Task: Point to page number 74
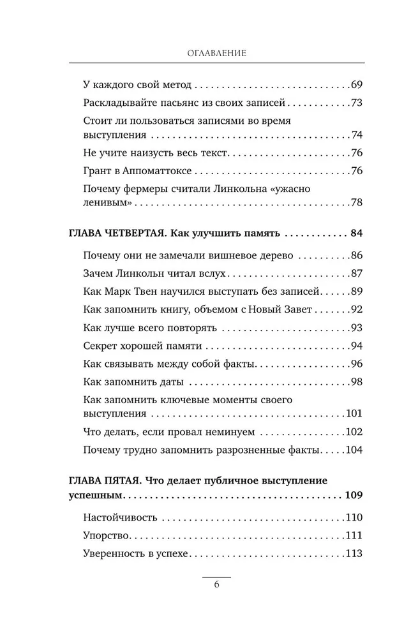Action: tap(357, 135)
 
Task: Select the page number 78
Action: tap(357, 203)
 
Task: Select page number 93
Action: tap(357, 328)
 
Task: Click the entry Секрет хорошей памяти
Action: tap(142, 346)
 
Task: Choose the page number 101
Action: tap(354, 413)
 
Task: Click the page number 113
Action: tap(354, 553)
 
